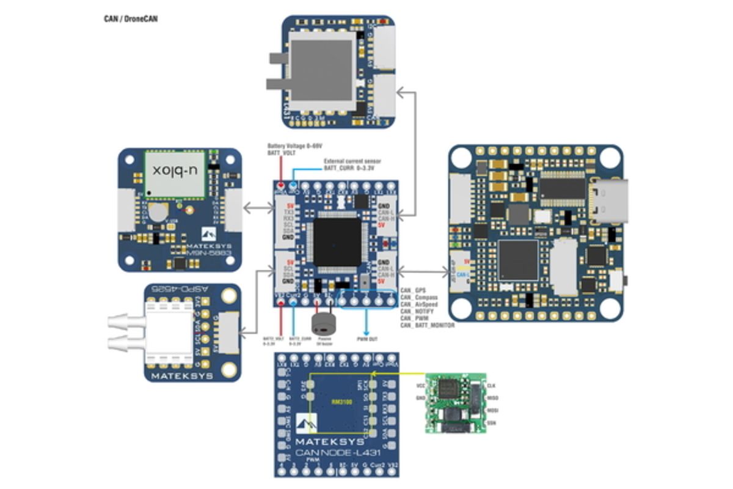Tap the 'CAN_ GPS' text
click(x=412, y=290)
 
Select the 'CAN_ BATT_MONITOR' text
click(x=427, y=326)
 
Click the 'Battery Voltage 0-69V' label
click(x=294, y=147)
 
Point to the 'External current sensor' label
click(x=349, y=161)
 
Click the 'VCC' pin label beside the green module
click(x=420, y=386)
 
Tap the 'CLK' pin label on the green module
click(x=492, y=386)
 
